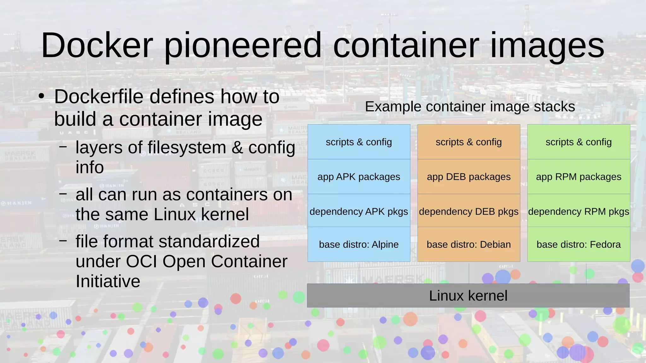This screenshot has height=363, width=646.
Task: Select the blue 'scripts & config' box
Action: [359, 142]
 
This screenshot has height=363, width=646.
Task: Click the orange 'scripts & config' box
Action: [469, 142]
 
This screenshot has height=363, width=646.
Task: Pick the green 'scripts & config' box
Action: [578, 142]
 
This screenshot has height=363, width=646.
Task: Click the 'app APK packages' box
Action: [359, 176]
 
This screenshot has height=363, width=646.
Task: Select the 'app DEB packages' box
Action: [469, 176]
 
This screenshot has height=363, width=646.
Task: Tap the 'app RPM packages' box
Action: [578, 176]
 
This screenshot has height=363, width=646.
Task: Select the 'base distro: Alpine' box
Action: [359, 244]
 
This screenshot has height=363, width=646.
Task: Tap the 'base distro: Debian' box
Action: [469, 244]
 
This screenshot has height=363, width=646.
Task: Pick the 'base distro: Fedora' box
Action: [578, 244]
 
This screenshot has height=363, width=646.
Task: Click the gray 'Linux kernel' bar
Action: [468, 296]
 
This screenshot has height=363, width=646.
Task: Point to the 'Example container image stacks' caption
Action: [470, 107]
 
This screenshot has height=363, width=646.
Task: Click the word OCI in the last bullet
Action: [141, 261]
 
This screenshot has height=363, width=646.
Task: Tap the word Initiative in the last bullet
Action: [108, 281]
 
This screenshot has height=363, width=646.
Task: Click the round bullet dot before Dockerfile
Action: [41, 97]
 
